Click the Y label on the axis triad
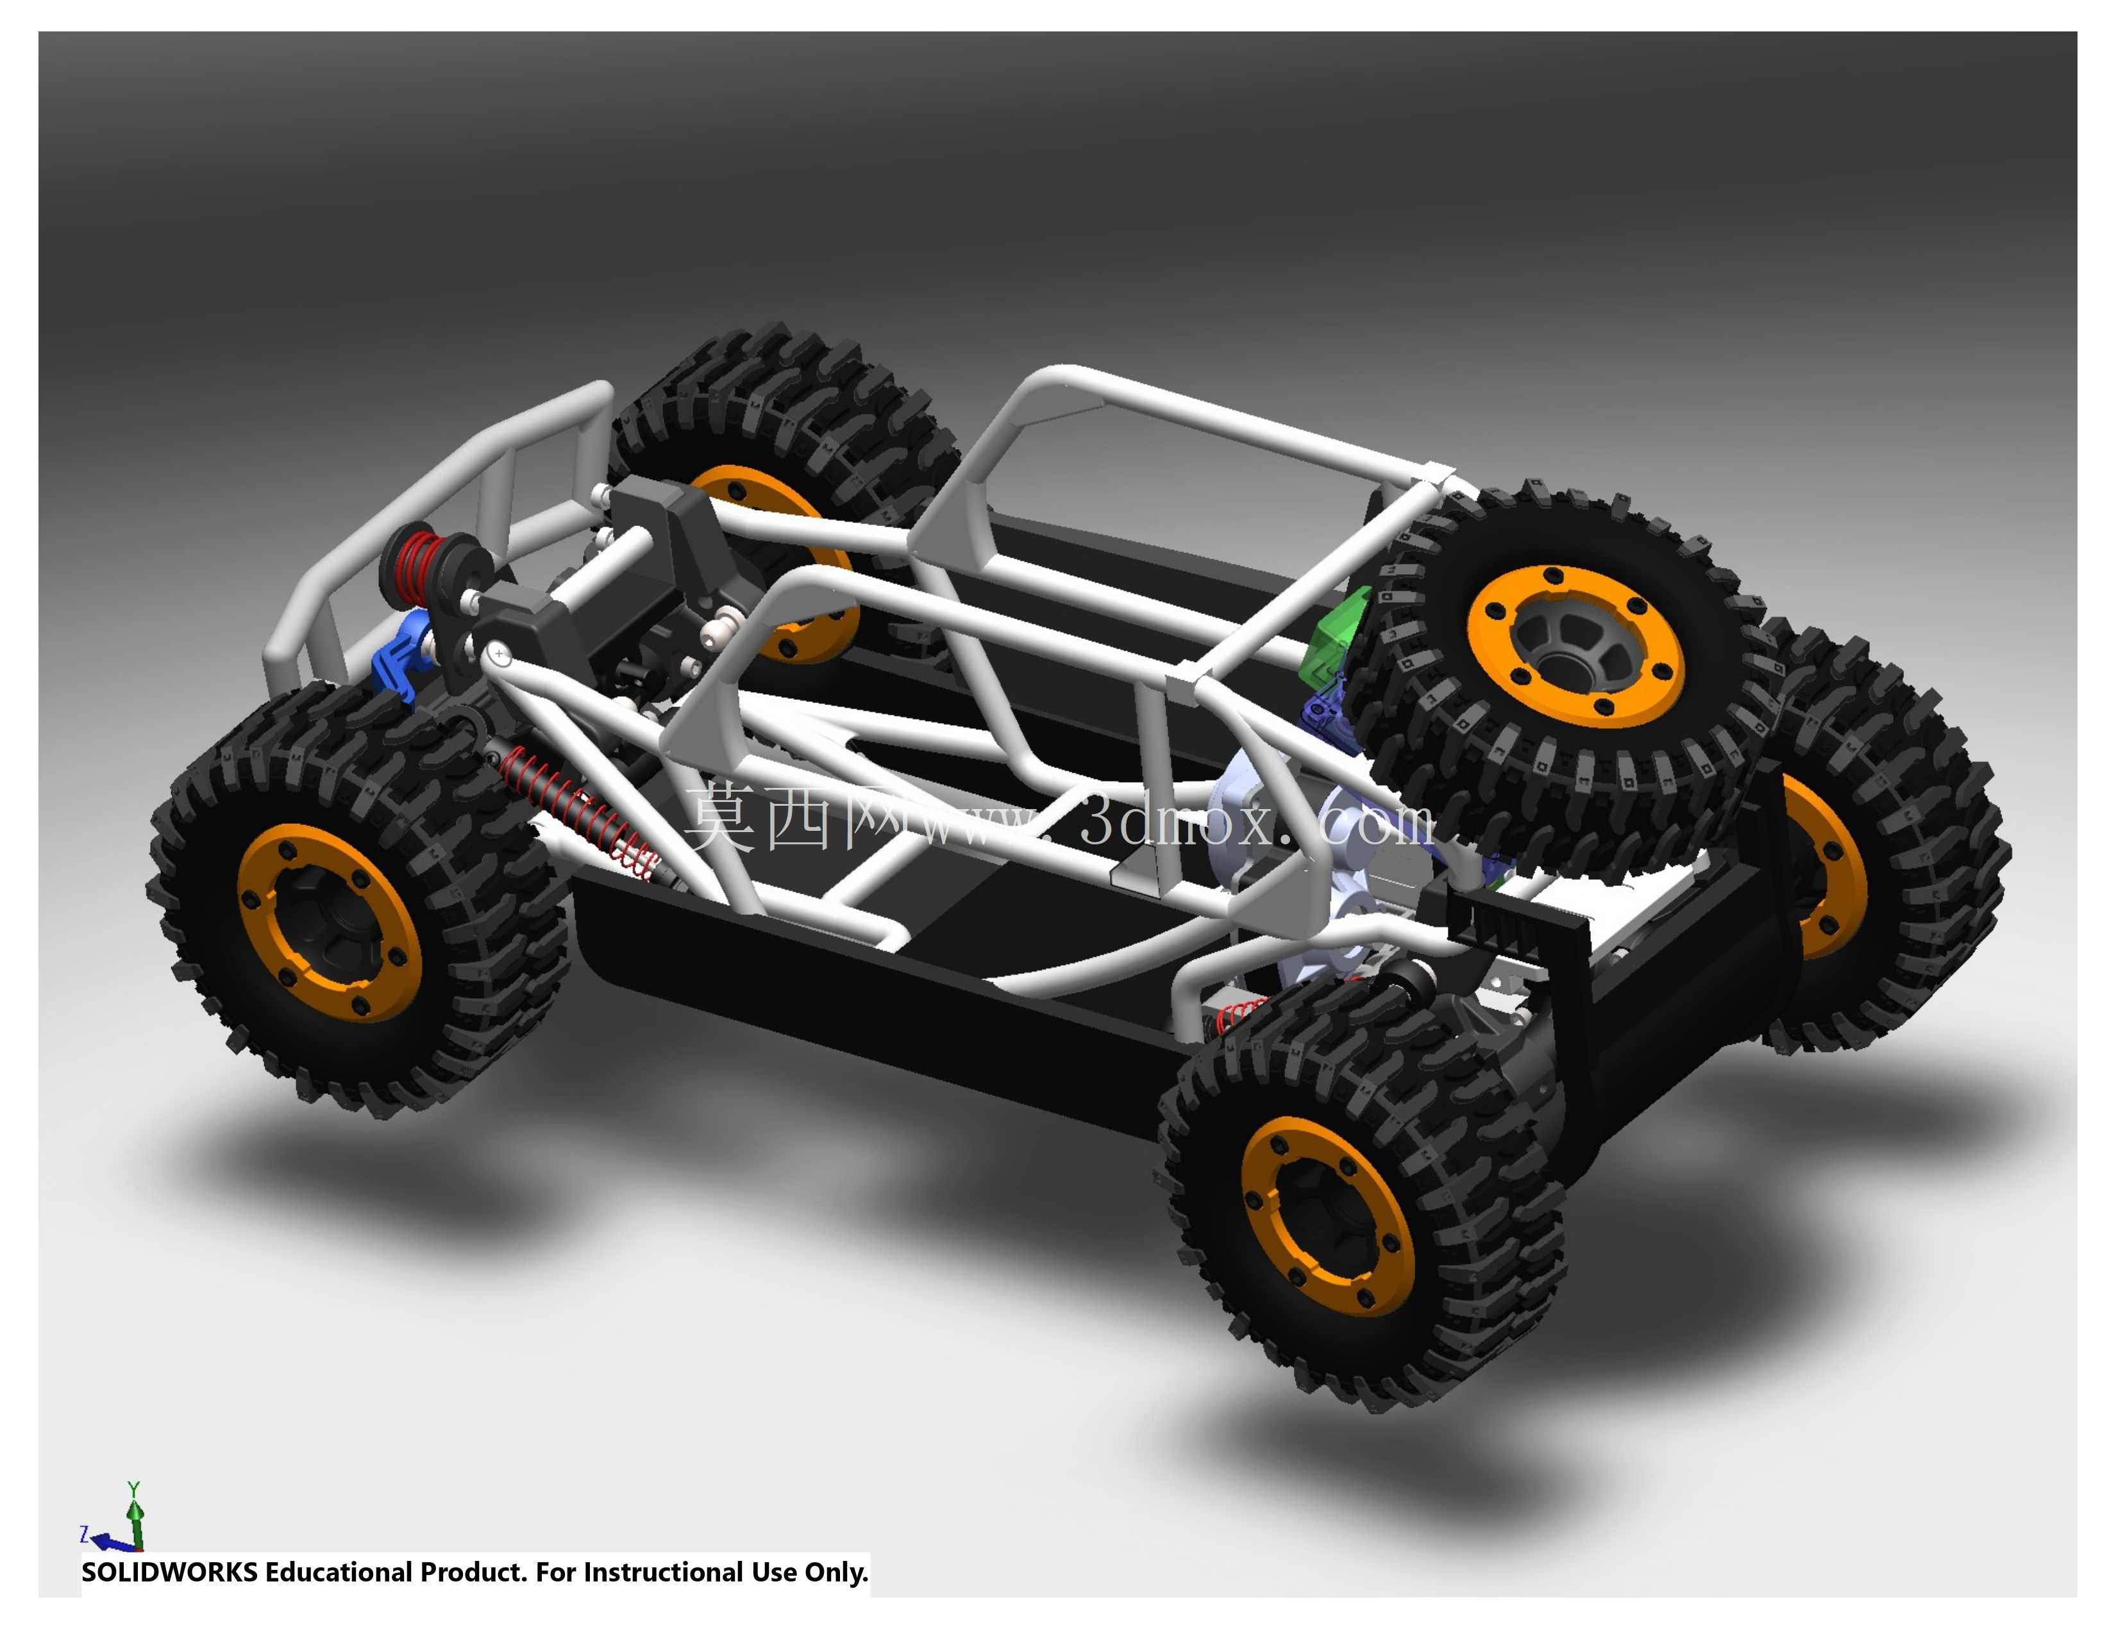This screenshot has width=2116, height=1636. (134, 1488)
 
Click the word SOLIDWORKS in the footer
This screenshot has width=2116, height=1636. (169, 1572)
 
